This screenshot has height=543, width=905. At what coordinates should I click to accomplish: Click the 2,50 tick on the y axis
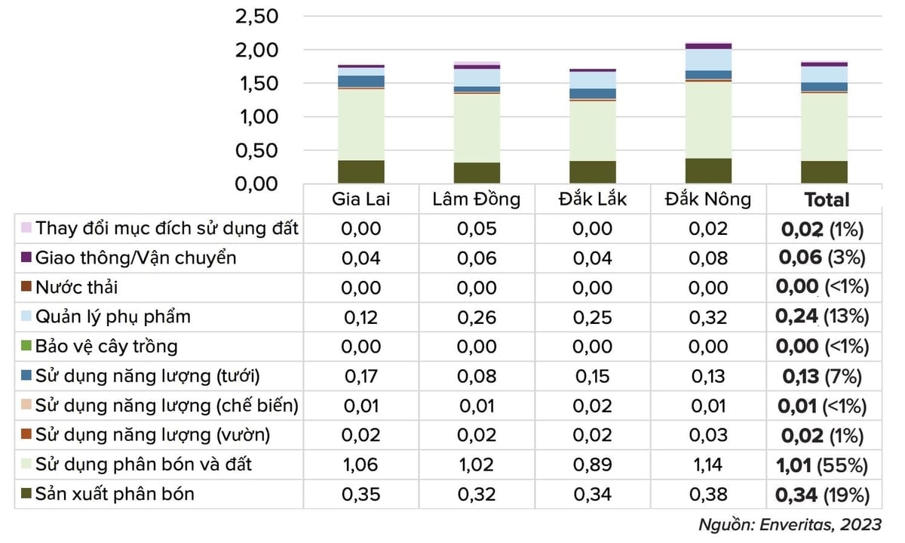[x=257, y=17]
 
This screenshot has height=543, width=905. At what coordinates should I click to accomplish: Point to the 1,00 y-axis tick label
[x=257, y=117]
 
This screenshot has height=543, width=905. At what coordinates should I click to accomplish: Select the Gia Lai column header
[x=361, y=199]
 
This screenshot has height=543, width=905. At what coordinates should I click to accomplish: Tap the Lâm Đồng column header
[x=477, y=199]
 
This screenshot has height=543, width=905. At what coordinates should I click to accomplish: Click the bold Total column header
[x=827, y=200]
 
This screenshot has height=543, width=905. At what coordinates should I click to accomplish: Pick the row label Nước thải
[x=77, y=288]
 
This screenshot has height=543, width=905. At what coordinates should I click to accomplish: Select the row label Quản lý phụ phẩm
[x=113, y=317]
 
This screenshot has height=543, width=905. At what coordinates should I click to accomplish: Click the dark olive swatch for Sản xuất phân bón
[x=26, y=495]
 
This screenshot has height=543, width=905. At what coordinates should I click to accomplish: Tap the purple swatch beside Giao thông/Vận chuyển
[x=26, y=258]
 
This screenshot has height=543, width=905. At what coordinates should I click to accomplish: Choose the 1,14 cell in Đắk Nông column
[x=708, y=465]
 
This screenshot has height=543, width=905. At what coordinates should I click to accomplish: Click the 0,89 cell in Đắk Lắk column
[x=592, y=465]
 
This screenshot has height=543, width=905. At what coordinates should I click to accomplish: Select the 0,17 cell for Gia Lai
[x=361, y=376]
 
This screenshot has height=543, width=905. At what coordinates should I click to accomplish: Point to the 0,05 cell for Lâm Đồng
[x=477, y=229]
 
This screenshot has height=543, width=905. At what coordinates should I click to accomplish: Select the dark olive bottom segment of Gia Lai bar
[x=361, y=171]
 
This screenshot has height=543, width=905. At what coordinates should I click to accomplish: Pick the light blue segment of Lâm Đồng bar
[x=477, y=77]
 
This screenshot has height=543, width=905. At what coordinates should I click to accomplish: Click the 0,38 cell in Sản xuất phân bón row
[x=708, y=495]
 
